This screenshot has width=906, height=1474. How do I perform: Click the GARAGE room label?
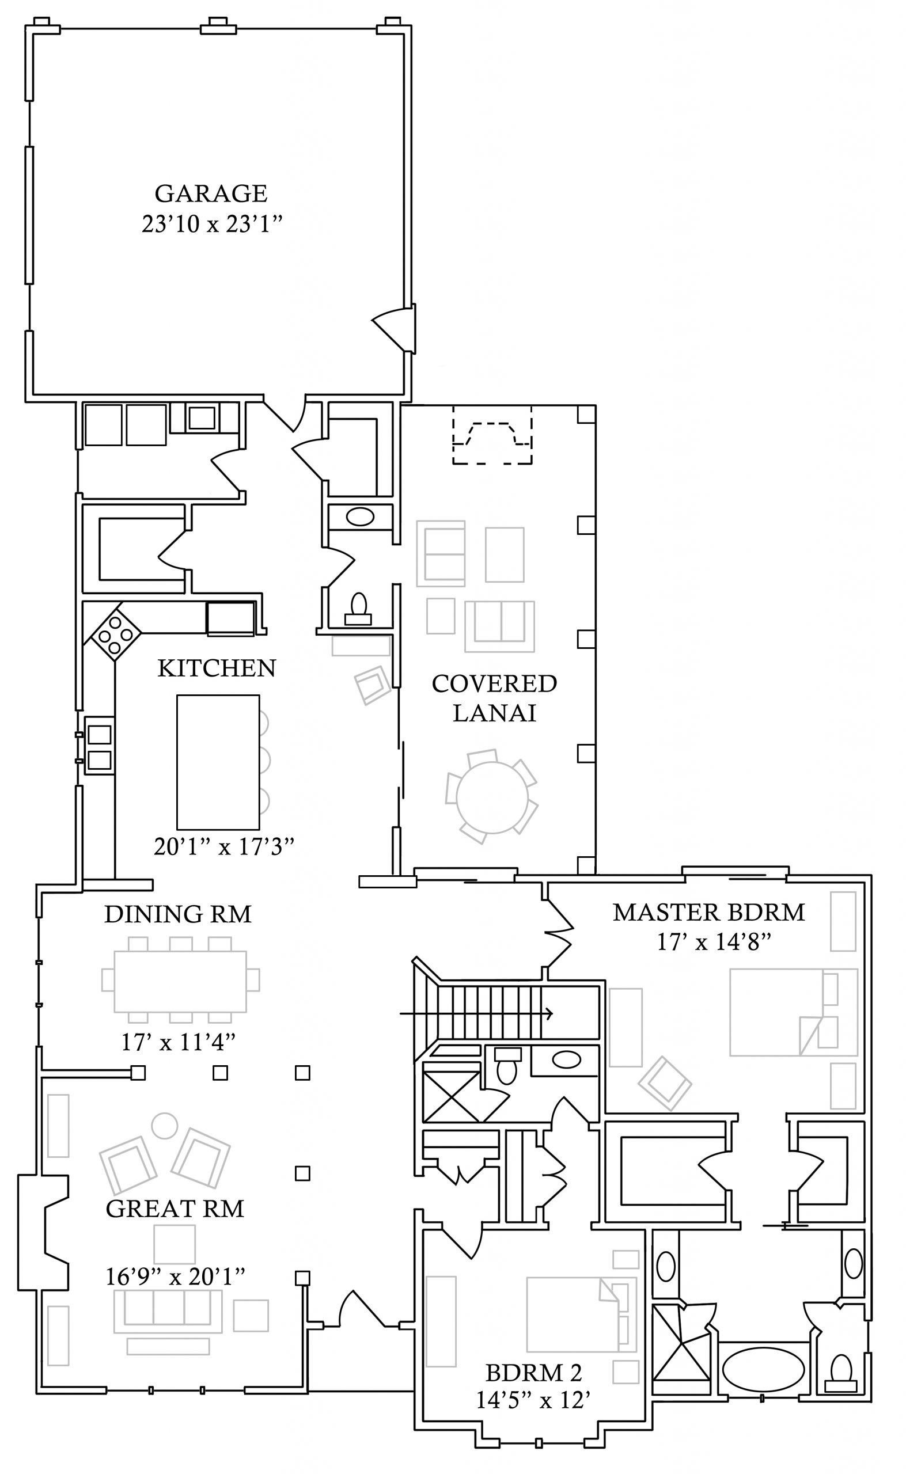point(211,193)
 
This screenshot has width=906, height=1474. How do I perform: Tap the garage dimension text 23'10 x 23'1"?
point(211,224)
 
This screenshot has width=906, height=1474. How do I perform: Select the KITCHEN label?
point(217,668)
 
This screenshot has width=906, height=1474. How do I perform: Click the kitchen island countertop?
point(218,762)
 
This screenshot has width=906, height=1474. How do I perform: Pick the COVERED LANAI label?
point(494,698)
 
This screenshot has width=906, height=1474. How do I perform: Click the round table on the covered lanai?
point(492,797)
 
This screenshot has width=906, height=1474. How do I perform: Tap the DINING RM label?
point(178,914)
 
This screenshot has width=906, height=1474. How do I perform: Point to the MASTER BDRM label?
point(709,912)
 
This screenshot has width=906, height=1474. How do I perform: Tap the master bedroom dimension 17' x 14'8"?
point(713,943)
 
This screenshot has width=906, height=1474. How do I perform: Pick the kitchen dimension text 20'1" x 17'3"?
point(224,847)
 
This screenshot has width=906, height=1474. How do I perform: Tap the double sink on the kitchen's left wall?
point(100,746)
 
